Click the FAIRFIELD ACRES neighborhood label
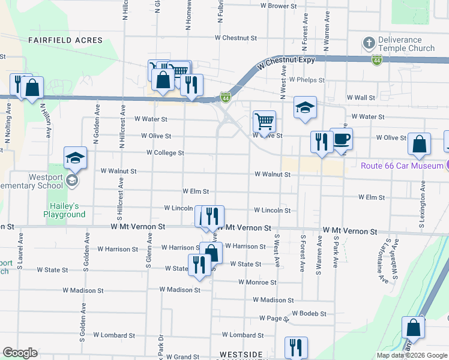click(x=65, y=40)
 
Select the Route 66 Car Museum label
click(x=401, y=165)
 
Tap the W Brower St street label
click(x=279, y=5)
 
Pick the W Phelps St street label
click(x=306, y=79)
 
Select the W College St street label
click(x=165, y=153)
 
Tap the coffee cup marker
click(x=342, y=139)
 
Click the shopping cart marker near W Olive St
click(x=264, y=122)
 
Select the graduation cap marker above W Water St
click(x=305, y=107)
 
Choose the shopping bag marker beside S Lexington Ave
click(x=419, y=144)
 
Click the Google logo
click(x=20, y=353)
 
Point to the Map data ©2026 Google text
click(x=411, y=355)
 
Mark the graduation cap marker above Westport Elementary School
click(x=76, y=158)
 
